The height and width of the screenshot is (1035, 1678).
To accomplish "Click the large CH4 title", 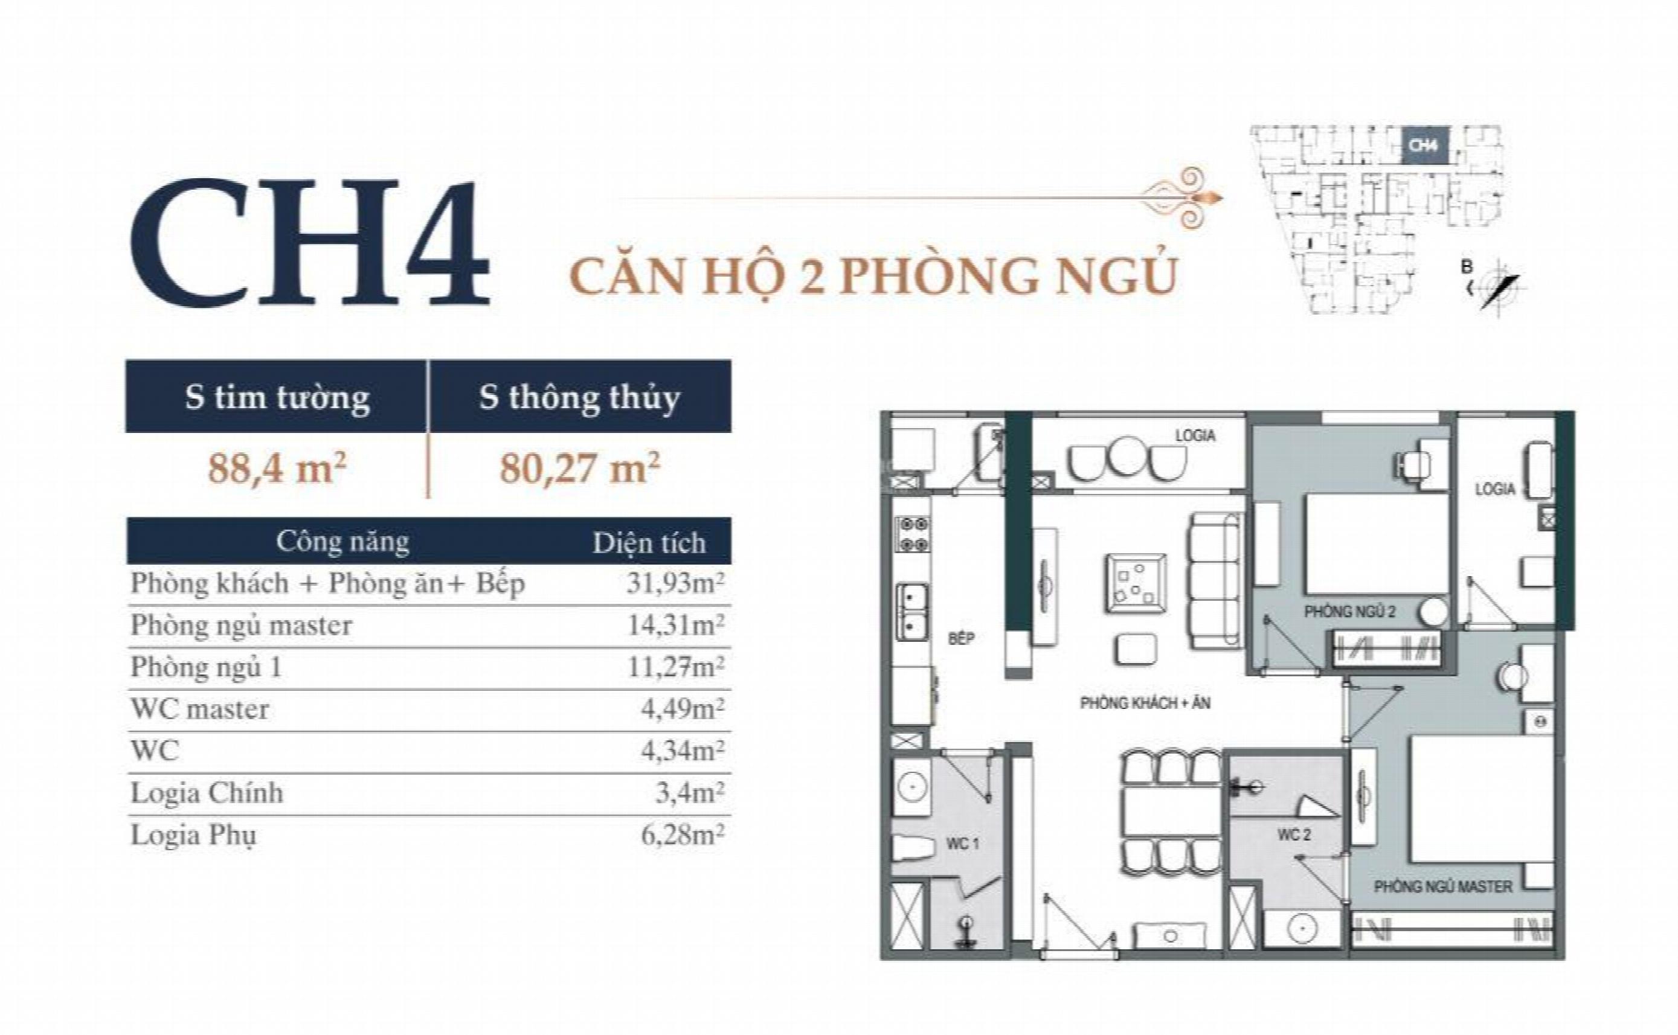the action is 310,243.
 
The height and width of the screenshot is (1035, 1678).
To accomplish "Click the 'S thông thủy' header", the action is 579,397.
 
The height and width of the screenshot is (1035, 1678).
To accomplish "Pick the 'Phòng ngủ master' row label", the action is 241,626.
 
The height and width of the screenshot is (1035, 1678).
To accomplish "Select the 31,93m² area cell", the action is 675,583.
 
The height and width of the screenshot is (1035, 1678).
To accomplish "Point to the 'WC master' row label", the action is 200,709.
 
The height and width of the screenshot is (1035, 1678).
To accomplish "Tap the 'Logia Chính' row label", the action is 207,793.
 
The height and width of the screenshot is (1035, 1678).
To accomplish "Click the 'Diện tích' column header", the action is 649,543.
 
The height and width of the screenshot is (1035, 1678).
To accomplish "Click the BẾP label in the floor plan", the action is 961,639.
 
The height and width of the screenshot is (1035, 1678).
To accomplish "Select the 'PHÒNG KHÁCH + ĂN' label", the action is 1145,703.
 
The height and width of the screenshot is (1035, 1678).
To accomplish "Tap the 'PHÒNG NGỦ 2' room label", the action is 1349,611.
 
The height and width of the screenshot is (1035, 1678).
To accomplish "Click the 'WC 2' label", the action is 1294,835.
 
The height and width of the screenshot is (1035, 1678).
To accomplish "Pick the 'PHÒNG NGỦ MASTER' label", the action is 1443,886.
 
